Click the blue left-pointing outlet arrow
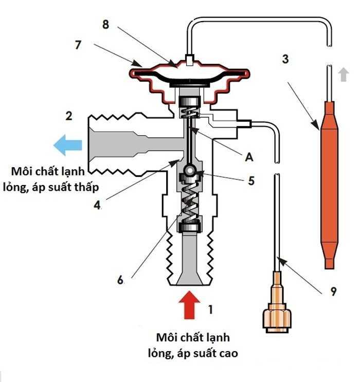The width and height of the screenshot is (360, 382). [67, 145]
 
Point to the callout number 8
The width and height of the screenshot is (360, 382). [106, 25]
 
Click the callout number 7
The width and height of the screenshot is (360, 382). [78, 45]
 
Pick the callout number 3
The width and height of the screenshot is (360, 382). [285, 58]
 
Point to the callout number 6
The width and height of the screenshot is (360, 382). [120, 280]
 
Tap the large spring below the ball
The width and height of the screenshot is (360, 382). [190, 203]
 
